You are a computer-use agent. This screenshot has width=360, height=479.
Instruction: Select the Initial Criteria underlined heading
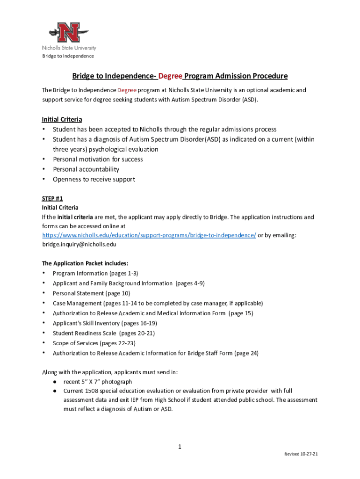(x=62, y=119)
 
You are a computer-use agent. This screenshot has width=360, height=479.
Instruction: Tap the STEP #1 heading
(x=52, y=198)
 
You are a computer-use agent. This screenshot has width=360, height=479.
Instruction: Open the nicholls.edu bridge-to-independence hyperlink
(x=149, y=235)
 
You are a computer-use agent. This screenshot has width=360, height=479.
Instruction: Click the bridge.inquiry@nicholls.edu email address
(x=79, y=244)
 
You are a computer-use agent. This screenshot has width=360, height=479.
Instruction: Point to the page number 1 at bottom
(x=180, y=447)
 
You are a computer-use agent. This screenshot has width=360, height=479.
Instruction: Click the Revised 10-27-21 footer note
(x=302, y=454)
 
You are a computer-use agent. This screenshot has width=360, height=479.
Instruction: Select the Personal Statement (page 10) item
(x=91, y=293)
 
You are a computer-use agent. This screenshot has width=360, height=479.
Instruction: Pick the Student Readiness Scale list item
(x=103, y=333)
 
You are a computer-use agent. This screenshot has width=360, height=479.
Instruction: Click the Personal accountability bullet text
(x=86, y=169)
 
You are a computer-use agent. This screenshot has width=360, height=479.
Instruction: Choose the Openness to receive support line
(x=94, y=179)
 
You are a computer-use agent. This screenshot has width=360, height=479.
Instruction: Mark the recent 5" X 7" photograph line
(x=98, y=382)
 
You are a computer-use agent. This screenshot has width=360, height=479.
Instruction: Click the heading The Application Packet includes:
(x=85, y=263)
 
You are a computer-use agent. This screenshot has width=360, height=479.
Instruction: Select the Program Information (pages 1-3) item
(x=95, y=273)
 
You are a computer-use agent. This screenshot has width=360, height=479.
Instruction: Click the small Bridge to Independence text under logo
(x=68, y=56)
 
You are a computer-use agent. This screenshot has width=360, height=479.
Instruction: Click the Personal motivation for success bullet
(x=98, y=159)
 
